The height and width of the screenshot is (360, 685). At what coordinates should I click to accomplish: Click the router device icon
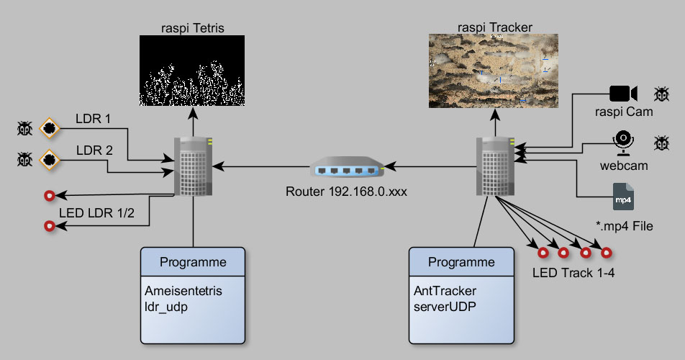click(347, 169)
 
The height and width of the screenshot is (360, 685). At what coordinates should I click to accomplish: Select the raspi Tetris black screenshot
click(191, 71)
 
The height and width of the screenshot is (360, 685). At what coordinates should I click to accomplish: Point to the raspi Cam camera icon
click(623, 94)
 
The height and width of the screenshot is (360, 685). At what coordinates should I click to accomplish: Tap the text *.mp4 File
click(624, 226)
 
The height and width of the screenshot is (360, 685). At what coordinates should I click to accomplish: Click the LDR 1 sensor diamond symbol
click(49, 129)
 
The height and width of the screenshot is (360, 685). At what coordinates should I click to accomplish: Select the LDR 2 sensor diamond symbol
click(49, 158)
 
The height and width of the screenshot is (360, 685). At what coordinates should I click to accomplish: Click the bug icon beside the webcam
click(661, 143)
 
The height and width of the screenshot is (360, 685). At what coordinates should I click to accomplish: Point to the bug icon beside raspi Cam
click(661, 94)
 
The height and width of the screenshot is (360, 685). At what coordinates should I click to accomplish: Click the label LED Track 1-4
click(573, 273)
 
